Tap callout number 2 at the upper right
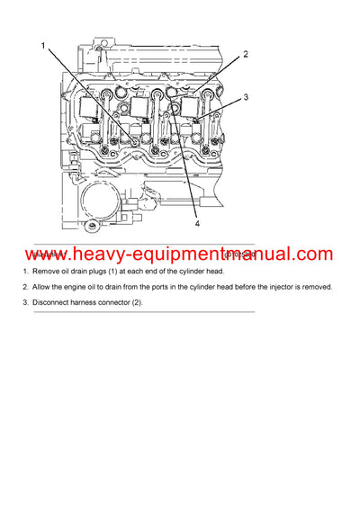coord(245,54)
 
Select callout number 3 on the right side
coord(245,95)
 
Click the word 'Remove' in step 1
coord(48,271)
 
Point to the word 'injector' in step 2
coord(274,287)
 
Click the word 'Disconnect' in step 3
coord(52,302)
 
